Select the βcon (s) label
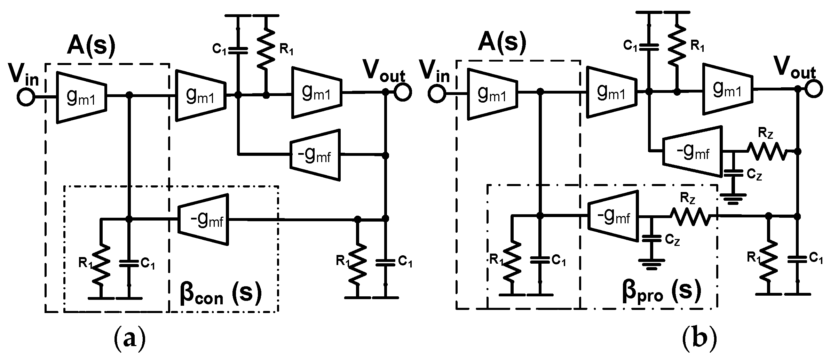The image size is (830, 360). tap(220, 293)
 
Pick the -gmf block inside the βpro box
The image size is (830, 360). tap(612, 216)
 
